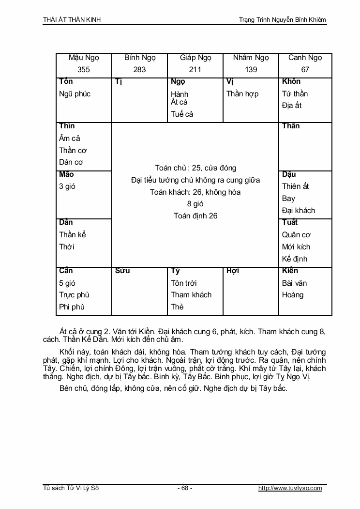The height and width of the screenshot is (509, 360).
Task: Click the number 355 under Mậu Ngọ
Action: click(84, 70)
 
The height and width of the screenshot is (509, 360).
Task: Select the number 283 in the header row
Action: click(139, 70)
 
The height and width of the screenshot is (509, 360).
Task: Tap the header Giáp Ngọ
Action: click(195, 58)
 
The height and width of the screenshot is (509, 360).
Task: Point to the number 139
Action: click(251, 70)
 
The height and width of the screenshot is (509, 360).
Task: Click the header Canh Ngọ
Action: click(305, 58)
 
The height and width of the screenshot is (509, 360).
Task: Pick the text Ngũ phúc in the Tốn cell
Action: click(75, 94)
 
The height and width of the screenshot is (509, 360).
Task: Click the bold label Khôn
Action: click(291, 81)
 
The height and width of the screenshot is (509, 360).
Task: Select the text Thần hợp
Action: click(242, 94)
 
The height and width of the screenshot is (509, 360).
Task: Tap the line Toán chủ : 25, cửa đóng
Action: click(195, 168)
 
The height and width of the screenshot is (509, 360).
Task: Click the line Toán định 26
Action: click(195, 216)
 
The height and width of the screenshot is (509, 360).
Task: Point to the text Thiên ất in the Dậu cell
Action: click(296, 186)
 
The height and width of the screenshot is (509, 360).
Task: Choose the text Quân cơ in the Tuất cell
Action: click(296, 235)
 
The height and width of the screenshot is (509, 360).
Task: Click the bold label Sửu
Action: click(122, 271)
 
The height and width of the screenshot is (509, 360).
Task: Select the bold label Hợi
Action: click(233, 271)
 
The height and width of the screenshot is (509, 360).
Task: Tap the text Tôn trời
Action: click(184, 283)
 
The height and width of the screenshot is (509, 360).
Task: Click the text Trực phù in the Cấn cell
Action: click(74, 295)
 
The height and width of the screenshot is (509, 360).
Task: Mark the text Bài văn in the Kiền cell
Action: click(295, 283)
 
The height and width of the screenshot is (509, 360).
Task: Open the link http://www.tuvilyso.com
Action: click(290, 488)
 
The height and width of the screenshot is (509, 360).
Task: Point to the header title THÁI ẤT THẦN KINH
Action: click(72, 19)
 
